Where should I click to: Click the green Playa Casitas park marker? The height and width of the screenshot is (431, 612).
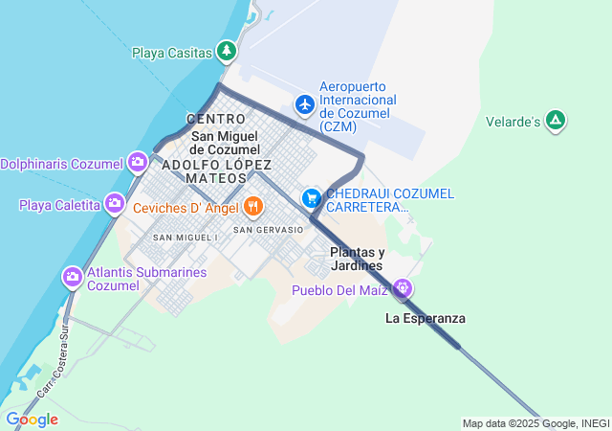point(226,51)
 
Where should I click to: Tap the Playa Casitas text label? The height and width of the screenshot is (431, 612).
point(171,53)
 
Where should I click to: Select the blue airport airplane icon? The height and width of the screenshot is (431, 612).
point(305,103)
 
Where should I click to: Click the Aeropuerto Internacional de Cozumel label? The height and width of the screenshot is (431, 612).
point(358,106)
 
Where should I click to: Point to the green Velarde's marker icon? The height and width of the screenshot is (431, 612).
point(556,121)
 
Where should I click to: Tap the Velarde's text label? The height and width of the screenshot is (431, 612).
point(514,122)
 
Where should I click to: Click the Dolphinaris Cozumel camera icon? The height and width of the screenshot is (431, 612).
point(137,162)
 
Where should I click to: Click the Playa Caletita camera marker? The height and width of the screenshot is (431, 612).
point(115,203)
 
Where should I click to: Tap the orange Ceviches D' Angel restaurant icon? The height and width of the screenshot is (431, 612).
point(252,205)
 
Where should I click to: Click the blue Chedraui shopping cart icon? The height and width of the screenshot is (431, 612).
point(311,198)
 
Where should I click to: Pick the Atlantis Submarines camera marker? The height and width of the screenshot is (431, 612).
point(72,278)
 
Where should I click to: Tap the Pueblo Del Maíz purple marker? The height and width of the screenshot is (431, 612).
point(404,287)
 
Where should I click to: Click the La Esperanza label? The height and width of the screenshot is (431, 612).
point(426,318)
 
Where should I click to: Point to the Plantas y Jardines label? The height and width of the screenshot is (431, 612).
point(356,259)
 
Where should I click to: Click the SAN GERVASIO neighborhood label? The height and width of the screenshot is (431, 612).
point(268,230)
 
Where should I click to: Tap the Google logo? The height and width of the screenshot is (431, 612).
point(31,420)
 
